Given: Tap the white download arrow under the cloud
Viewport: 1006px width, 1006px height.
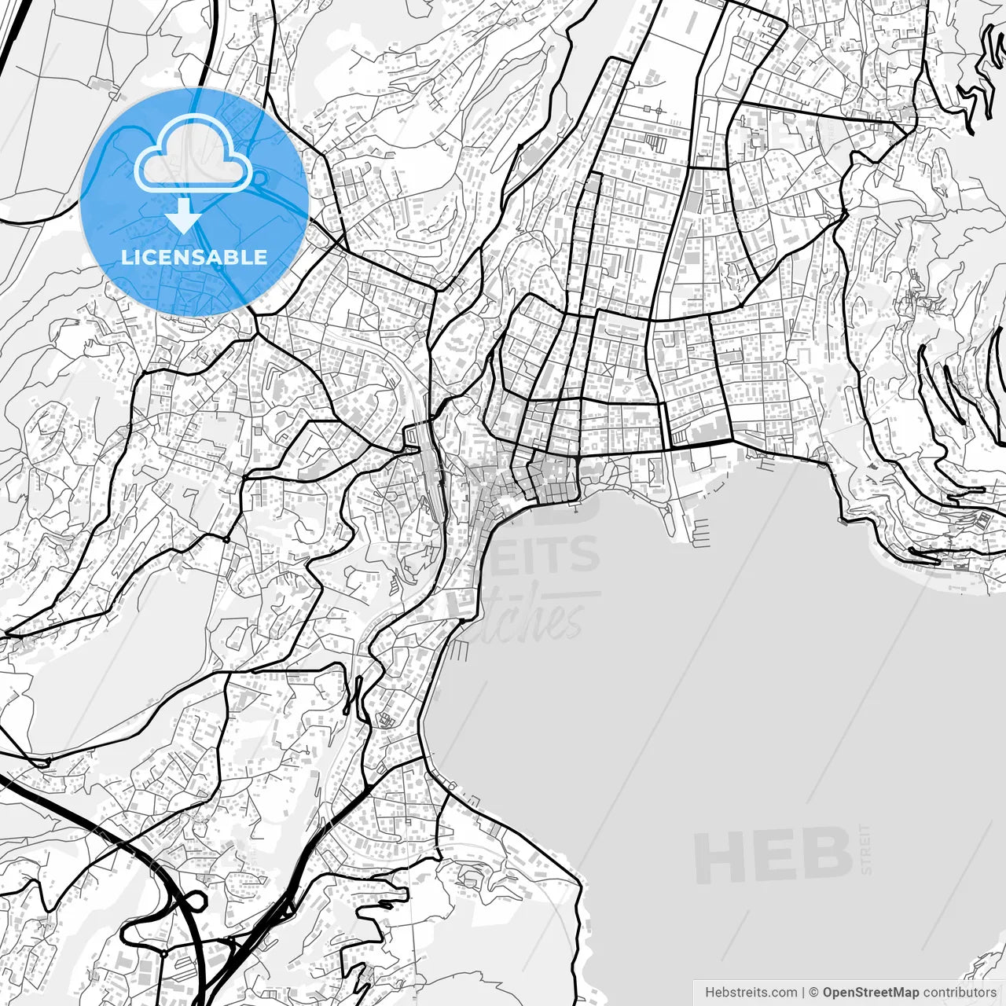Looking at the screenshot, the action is click(x=183, y=216).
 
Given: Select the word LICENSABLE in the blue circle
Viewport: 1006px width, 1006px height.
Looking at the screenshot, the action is click(x=193, y=257).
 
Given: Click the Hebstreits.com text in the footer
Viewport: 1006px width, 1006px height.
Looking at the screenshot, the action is click(x=751, y=993).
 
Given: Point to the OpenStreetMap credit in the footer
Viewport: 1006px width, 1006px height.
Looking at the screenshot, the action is click(x=870, y=993).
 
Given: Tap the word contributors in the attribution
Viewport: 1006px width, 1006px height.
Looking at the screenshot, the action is click(x=959, y=993).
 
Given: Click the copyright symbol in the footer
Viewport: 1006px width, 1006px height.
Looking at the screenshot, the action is click(x=814, y=993).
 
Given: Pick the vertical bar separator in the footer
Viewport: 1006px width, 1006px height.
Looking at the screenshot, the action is click(x=804, y=993).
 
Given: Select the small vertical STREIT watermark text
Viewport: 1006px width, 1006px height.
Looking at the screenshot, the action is click(x=866, y=849).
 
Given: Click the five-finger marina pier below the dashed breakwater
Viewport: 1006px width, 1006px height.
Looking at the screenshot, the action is click(x=702, y=535).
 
